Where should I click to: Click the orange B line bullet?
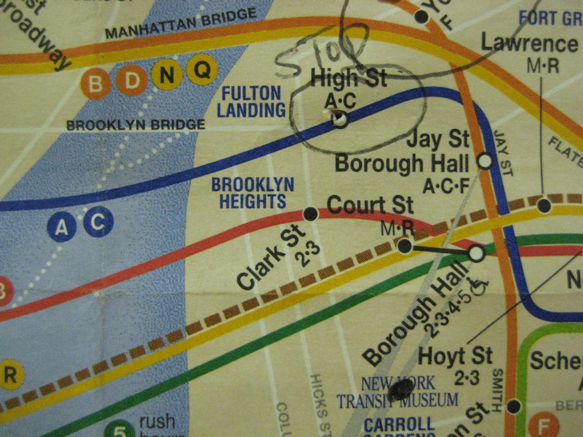coord(96,84)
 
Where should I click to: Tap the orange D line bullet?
coord(132,81)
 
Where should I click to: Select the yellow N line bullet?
coord(166,75)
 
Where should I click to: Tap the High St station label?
coord(348,78)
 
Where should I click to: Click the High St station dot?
coord(340,119)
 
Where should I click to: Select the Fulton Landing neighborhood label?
coord(251,101)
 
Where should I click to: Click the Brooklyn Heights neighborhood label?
coord(253,192)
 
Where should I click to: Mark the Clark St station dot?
coord(310,214)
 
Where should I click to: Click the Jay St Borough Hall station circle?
coord(485,161)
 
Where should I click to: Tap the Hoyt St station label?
coord(455,356)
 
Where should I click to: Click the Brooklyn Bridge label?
coord(136,124)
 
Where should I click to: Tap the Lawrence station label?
coord(529,43)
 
